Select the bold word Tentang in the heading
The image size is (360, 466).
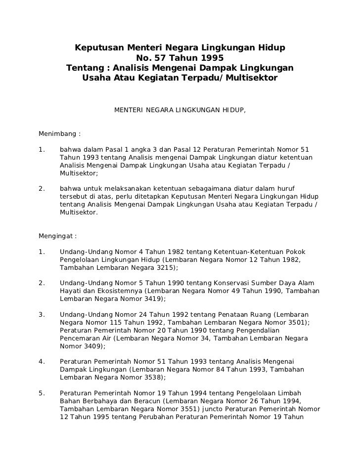(x=85, y=68)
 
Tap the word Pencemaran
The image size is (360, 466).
(x=80, y=338)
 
